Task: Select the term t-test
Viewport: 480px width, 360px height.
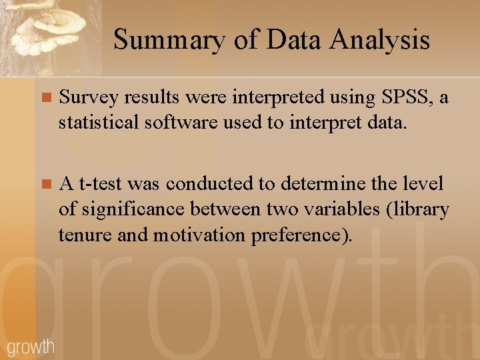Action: point(101,183)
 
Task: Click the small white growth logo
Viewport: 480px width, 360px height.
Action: point(30,346)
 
